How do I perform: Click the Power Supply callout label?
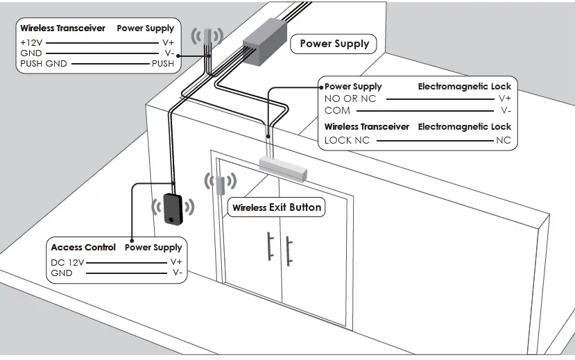334,44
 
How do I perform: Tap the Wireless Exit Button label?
277,207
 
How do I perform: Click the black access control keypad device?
173,209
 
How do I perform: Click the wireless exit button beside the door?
219,185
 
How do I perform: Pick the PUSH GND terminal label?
43,64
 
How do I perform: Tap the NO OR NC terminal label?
350,98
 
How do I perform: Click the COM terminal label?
337,110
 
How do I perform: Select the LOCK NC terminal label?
347,140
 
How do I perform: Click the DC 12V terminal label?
67,262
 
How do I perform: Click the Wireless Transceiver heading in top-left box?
62,28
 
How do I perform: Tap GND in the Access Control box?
62,273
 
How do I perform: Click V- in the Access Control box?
177,273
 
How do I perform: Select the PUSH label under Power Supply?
163,64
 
